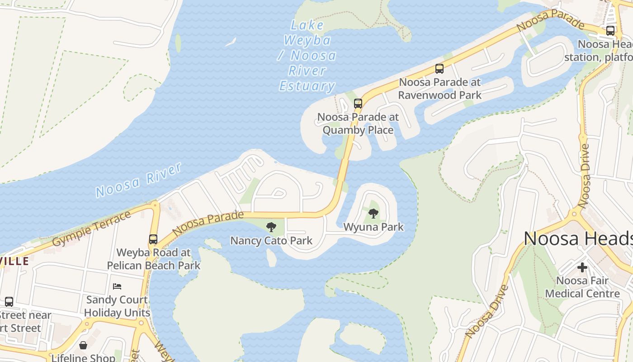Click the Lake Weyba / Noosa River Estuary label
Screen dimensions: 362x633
[307, 55]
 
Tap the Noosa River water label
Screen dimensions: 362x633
[138, 180]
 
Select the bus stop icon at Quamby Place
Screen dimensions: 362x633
[358, 104]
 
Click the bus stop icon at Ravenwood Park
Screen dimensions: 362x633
[439, 69]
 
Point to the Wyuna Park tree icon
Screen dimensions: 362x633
[373, 214]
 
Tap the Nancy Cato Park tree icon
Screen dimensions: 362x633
[271, 227]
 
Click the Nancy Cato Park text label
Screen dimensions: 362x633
[271, 240]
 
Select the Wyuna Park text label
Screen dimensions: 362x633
[373, 227]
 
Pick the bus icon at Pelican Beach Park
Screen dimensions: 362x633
[153, 239]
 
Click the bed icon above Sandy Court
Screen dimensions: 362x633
[117, 286]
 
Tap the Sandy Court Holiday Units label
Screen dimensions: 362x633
[117, 306]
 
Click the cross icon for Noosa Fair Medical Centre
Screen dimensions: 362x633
[582, 267]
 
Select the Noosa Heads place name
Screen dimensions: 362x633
[578, 238]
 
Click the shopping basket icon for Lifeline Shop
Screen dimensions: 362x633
[83, 346]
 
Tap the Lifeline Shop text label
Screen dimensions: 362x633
[83, 357]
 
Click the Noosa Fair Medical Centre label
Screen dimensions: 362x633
[582, 287]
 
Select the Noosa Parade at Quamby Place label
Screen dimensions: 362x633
[358, 124]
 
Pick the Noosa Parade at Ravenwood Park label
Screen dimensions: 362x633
[440, 89]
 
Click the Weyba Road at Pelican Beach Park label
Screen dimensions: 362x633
[154, 259]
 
